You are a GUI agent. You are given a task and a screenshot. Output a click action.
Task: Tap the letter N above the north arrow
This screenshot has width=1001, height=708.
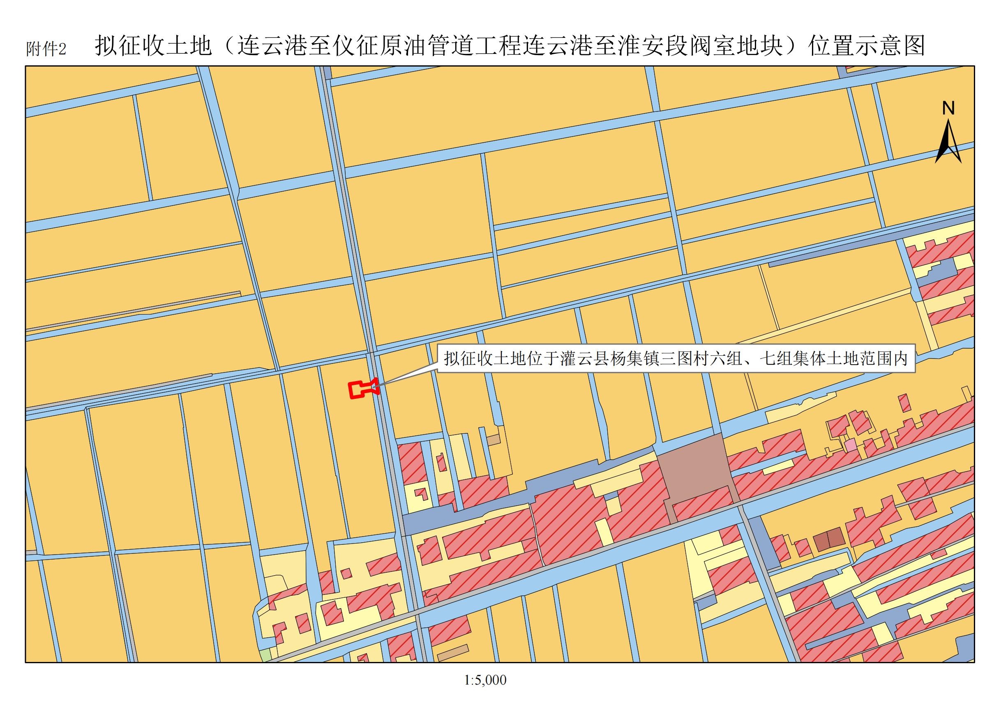[948, 108]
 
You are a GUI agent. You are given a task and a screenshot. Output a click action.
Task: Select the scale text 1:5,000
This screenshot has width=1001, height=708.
[485, 680]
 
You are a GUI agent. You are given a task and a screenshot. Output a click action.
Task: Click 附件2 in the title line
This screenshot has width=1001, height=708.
[46, 49]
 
